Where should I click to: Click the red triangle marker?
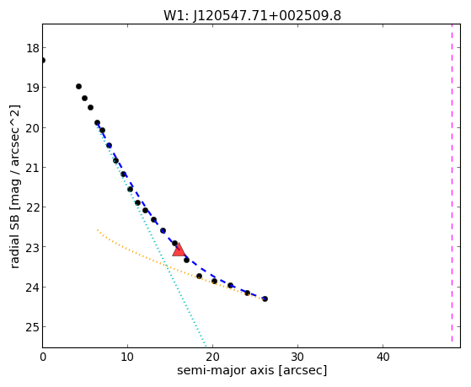point(179,250)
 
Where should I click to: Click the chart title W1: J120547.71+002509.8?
point(252,15)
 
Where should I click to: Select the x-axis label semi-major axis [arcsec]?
point(252,370)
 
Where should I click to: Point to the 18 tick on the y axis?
point(33,48)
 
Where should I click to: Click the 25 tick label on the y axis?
point(33,327)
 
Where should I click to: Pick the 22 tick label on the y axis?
point(33,207)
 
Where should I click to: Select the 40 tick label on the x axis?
point(383,357)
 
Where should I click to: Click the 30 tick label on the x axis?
point(297,357)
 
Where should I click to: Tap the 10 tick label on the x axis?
point(127,357)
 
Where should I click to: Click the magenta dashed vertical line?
point(452,183)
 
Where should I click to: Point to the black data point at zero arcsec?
point(43,61)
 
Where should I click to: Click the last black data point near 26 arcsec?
point(265,299)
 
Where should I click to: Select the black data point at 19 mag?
point(78,87)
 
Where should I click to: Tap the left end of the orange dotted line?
point(98,230)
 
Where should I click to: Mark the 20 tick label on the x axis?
point(212,357)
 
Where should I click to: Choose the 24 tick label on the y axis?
point(33,288)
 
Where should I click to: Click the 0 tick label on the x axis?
point(43,357)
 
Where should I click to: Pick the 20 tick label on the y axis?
point(33,128)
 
